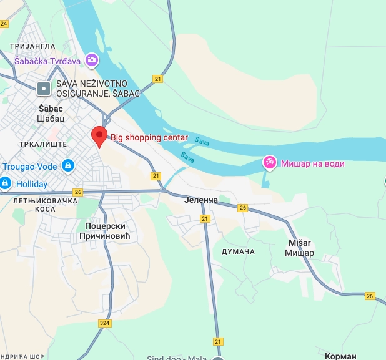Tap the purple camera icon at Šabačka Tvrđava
(x=92, y=60)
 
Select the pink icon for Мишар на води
(x=270, y=163)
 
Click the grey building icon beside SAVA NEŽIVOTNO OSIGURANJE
(x=44, y=89)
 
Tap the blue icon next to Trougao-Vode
(x=68, y=166)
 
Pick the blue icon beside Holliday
(x=5, y=183)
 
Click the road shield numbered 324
(x=105, y=323)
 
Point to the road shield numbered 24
(x=4, y=24)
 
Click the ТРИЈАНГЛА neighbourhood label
(x=32, y=46)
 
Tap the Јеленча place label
(x=201, y=200)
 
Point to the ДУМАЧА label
(x=238, y=251)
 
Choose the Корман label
(x=340, y=356)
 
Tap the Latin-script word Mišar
(x=299, y=243)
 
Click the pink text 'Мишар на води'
(x=312, y=163)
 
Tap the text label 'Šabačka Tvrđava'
(x=49, y=61)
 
